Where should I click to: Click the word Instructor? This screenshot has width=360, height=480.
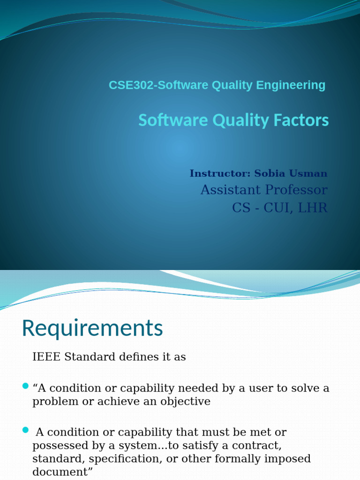tap(220, 174)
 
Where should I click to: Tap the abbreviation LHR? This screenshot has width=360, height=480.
tap(314, 208)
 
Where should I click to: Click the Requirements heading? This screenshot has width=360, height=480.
tap(92, 329)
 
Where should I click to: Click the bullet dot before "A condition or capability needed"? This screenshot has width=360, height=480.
tap(25, 386)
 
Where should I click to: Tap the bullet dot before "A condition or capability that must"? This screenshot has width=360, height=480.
tap(25, 430)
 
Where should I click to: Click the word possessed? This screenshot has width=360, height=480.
tap(58, 445)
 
